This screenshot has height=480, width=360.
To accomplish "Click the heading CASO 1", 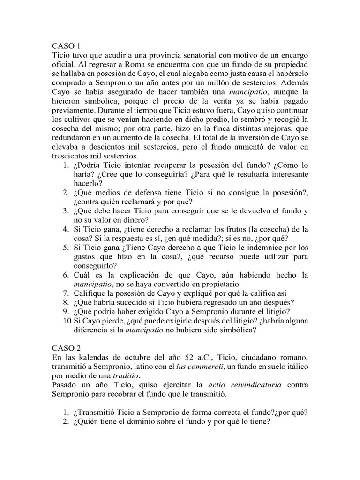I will tap(66, 46).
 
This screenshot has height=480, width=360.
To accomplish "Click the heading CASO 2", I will tap(66, 349).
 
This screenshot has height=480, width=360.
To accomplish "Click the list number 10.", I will tap(67, 320).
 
